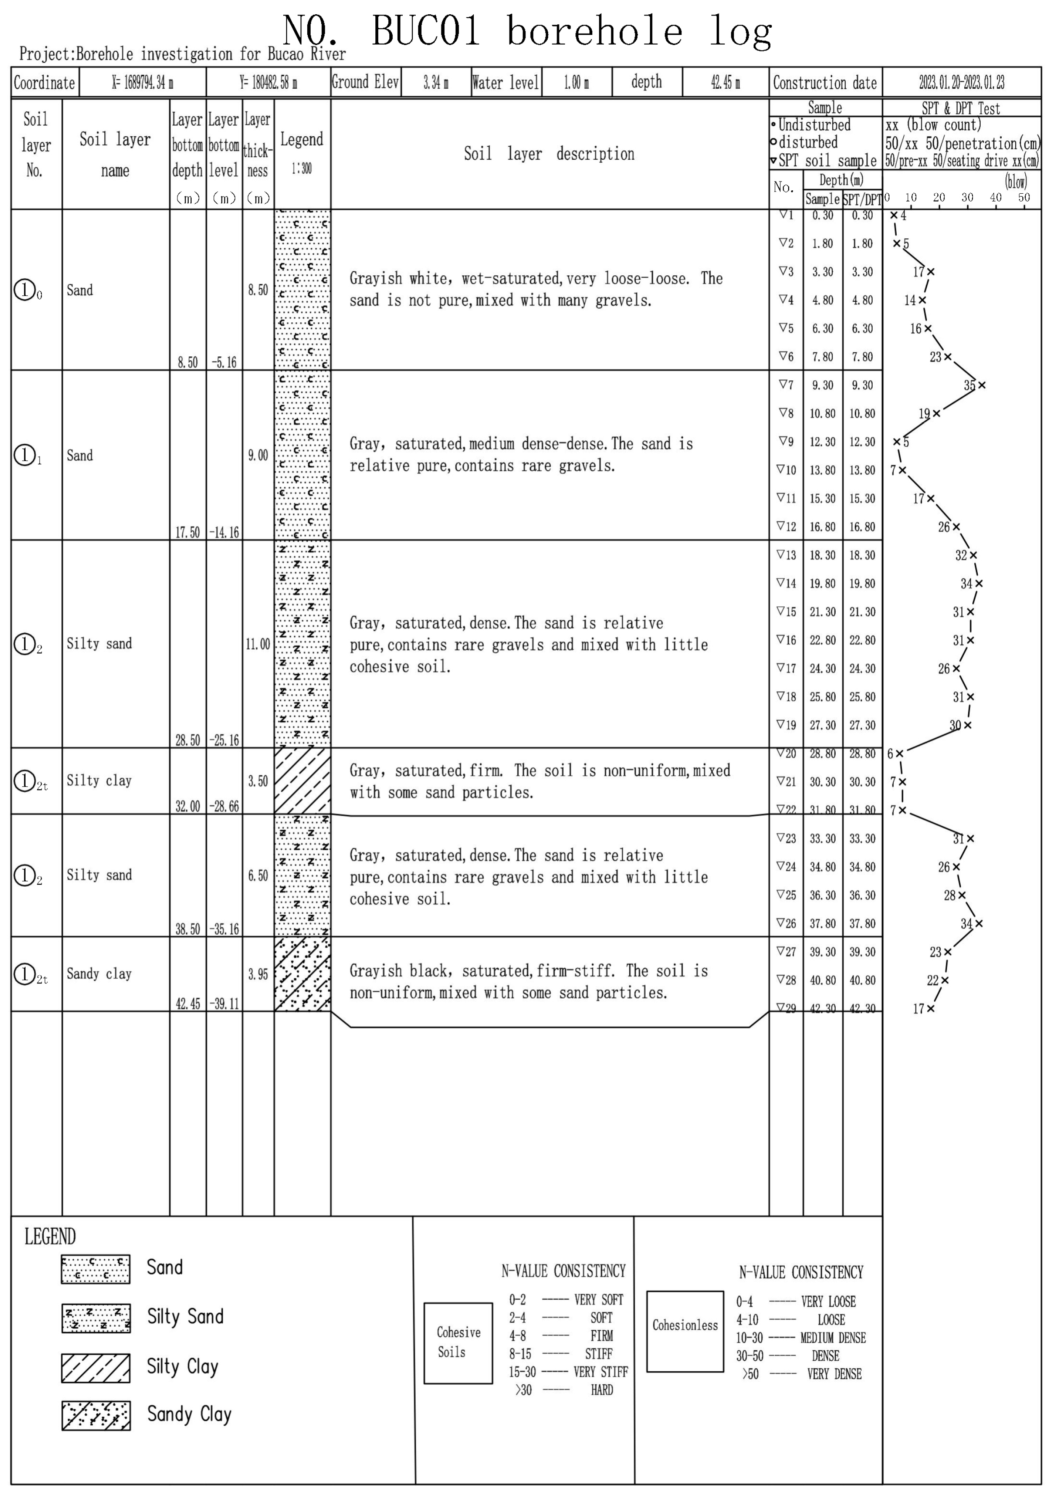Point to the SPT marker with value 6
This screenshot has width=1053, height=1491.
(900, 753)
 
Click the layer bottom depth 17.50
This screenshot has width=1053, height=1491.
(188, 532)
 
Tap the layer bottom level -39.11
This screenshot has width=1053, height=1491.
(224, 1004)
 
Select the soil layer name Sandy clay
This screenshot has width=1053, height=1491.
(99, 973)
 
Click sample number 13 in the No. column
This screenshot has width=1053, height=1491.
(786, 555)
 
